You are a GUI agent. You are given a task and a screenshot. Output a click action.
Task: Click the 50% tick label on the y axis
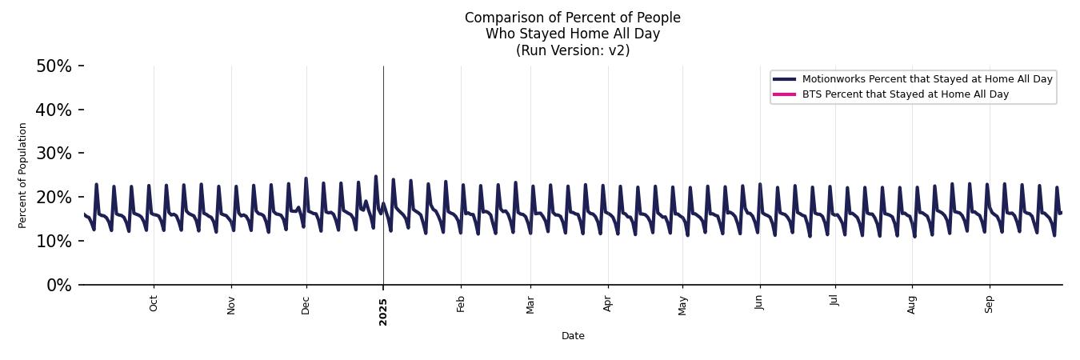(x=54, y=66)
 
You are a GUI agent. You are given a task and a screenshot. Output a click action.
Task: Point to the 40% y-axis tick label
(x=54, y=110)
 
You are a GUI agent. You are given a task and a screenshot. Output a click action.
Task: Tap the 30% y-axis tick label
(x=54, y=154)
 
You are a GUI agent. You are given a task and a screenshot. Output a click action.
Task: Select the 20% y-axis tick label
(x=54, y=198)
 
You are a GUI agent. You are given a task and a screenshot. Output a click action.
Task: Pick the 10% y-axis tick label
(x=54, y=242)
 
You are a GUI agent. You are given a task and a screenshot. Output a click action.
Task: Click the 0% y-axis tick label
(x=58, y=286)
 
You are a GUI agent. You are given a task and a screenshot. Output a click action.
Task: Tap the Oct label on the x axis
(x=154, y=304)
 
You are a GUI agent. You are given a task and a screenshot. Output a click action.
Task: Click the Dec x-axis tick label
(x=306, y=304)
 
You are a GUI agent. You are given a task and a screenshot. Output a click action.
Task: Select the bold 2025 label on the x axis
(x=383, y=311)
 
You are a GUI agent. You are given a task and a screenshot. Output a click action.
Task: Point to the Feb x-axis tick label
(x=461, y=304)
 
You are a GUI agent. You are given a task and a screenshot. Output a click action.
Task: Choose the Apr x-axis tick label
(x=608, y=304)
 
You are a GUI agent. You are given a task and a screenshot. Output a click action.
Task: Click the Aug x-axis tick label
(x=912, y=304)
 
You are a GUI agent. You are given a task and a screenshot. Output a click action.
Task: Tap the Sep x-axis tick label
(x=990, y=304)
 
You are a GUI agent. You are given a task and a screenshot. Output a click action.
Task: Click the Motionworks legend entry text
(x=927, y=79)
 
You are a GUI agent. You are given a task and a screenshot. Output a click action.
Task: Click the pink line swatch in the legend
(x=784, y=94)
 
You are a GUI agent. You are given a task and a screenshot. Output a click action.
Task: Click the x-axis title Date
(x=573, y=336)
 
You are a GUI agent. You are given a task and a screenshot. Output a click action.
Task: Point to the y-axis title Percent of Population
(x=23, y=175)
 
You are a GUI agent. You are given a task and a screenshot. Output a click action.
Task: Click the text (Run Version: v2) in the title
(x=573, y=50)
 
